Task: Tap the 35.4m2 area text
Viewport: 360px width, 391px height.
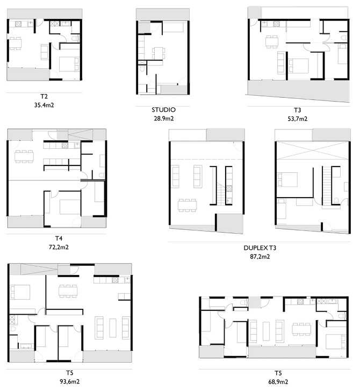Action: pos(44,106)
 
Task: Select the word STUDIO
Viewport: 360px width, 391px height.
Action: pos(163,110)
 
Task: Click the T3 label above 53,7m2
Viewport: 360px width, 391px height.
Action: pos(297,110)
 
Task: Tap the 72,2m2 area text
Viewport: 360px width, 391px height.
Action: pos(59,247)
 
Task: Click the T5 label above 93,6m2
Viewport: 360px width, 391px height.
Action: pos(70,373)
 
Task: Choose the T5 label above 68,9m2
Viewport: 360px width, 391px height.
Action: pos(278,373)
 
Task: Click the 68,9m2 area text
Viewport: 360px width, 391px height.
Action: pos(278,381)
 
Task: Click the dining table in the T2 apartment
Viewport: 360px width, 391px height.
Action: pos(16,42)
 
